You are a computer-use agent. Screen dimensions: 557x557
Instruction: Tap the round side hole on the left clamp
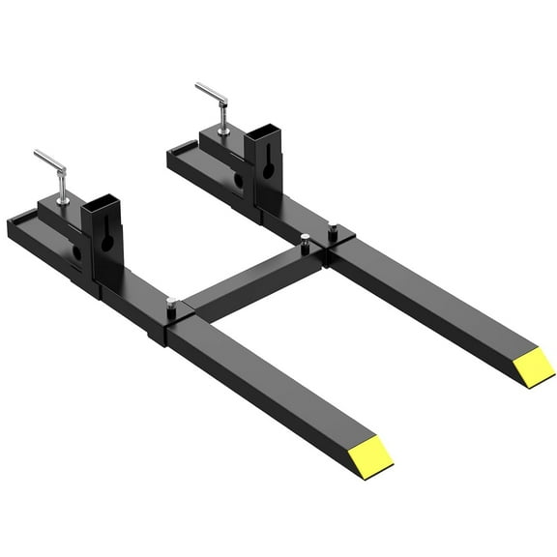click(x=76, y=253)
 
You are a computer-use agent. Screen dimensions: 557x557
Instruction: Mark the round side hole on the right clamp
click(x=237, y=181)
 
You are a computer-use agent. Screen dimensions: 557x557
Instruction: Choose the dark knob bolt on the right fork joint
click(x=333, y=229)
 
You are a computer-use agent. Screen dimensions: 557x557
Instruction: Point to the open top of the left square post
click(x=100, y=205)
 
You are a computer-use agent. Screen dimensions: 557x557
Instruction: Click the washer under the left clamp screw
click(x=64, y=200)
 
